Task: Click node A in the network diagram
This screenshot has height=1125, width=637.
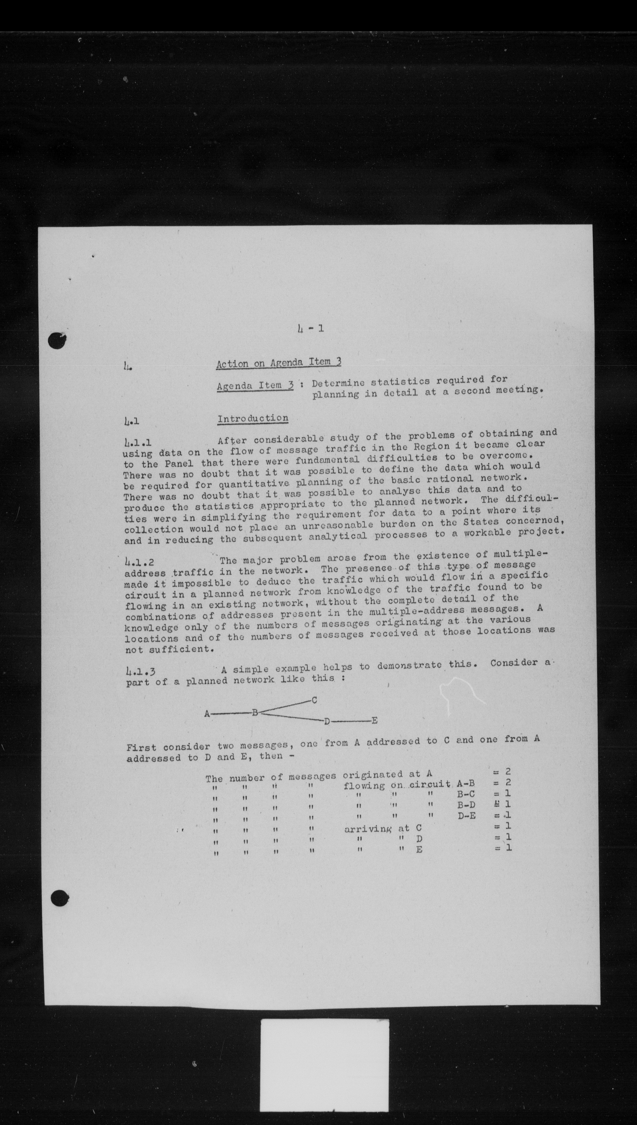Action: (206, 714)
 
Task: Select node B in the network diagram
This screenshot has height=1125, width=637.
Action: (255, 713)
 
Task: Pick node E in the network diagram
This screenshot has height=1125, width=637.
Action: (374, 720)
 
